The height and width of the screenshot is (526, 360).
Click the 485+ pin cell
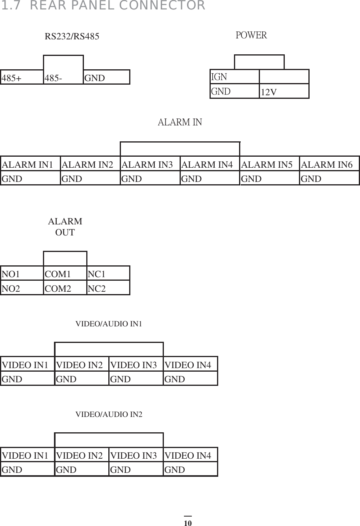click(x=22, y=78)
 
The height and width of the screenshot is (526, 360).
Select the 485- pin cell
click(x=63, y=78)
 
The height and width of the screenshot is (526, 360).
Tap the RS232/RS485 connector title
click(x=72, y=37)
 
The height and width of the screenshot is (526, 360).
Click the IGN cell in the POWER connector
click(x=234, y=76)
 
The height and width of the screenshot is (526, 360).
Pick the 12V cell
click(x=284, y=91)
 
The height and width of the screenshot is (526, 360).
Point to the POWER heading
click(x=251, y=35)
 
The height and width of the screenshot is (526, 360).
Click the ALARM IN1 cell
click(x=31, y=164)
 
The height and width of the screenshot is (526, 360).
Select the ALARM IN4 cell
click(x=210, y=164)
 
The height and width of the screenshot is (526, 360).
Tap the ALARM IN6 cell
click(x=329, y=164)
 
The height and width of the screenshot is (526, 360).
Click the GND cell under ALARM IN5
click(x=270, y=178)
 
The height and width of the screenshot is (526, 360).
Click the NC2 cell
click(x=108, y=288)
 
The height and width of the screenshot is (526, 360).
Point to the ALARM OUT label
click(x=65, y=227)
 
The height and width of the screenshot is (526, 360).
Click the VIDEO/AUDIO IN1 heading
click(x=109, y=324)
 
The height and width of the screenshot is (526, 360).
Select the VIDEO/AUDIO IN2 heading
click(x=109, y=414)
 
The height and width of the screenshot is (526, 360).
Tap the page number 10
click(x=187, y=523)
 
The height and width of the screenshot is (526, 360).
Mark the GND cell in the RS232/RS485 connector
click(x=106, y=78)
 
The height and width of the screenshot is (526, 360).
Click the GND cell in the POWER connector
click(x=234, y=91)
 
